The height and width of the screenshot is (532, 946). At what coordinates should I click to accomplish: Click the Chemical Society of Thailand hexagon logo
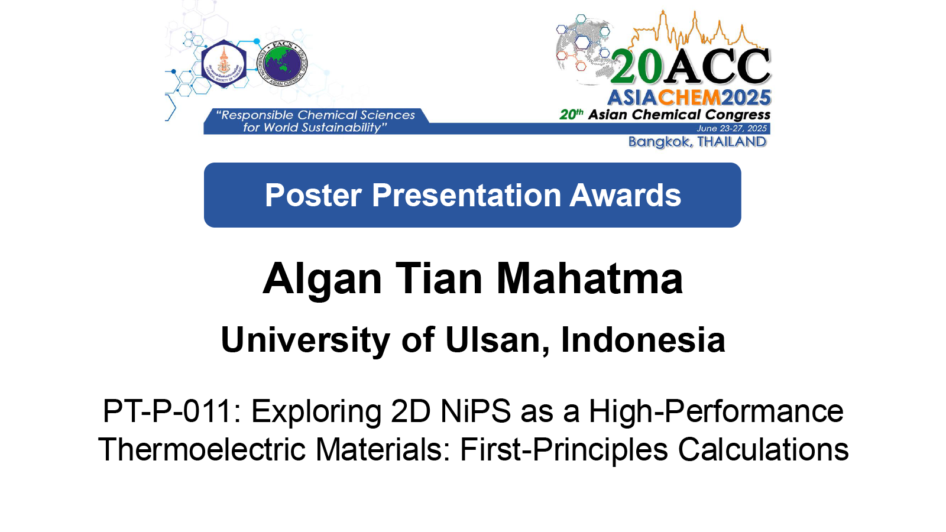pos(223,64)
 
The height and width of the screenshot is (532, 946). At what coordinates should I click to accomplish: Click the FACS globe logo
pos(282,64)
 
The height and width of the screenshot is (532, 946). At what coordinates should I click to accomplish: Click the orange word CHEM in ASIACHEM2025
pos(689,98)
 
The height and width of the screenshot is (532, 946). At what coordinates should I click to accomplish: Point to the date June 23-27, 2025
pos(731,128)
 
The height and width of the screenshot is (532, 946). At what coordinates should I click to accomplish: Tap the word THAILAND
pos(731,141)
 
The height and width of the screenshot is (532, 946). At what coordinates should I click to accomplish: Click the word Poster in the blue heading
pos(313,195)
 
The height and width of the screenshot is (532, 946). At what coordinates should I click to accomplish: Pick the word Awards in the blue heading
pos(625,195)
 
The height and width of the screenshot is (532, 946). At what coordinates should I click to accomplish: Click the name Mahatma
pos(589,278)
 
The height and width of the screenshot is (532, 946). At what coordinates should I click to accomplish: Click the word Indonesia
pos(643,339)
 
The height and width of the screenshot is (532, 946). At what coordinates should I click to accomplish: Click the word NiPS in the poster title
pos(475,411)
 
